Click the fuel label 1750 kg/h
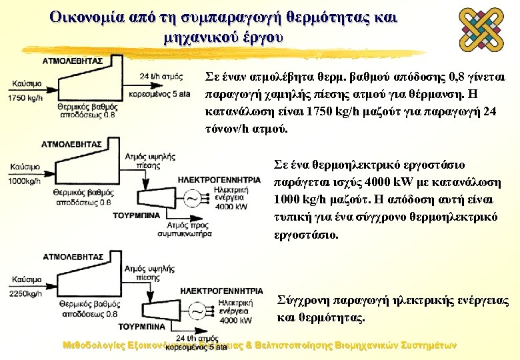coord(21,98)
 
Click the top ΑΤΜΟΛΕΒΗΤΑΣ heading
coord(73,59)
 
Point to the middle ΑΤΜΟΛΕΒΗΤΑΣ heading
coord(71,143)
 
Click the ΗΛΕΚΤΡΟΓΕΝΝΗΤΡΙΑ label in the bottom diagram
coord(221,291)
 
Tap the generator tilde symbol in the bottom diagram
coord(197,311)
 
